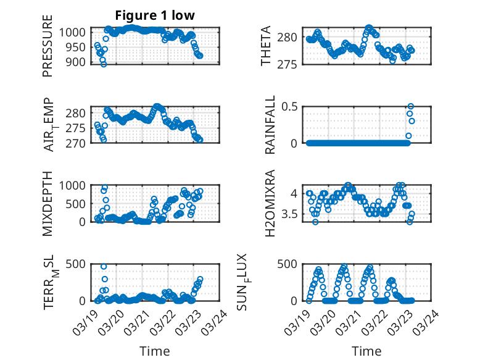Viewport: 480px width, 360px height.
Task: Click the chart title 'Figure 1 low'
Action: pyautogui.click(x=155, y=16)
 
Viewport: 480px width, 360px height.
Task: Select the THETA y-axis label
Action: pyautogui.click(x=266, y=47)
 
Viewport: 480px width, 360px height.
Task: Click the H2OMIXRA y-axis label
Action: pyautogui.click(x=270, y=204)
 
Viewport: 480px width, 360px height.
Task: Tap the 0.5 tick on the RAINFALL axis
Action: pyautogui.click(x=296, y=106)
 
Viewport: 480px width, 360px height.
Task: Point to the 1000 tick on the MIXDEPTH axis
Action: pyautogui.click(x=75, y=185)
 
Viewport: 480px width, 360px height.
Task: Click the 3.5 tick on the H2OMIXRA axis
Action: pyautogui.click(x=296, y=214)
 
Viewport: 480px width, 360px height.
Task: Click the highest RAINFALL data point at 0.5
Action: pyautogui.click(x=410, y=106)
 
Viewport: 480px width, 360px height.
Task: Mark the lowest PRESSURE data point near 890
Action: pyautogui.click(x=104, y=64)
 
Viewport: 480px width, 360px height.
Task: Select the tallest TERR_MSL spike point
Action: pyautogui.click(x=104, y=267)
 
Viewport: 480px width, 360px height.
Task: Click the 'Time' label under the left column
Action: pyautogui.click(x=155, y=351)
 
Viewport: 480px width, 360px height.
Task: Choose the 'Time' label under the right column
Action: pyautogui.click(x=366, y=351)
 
